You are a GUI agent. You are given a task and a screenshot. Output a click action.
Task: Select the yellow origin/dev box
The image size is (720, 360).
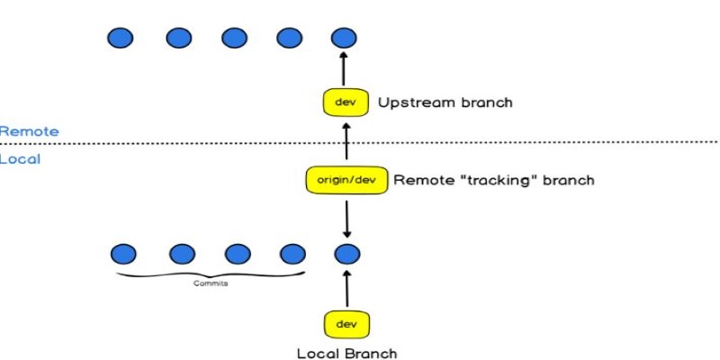click(x=346, y=180)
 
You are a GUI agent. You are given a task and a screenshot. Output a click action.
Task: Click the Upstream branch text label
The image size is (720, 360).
click(x=445, y=103)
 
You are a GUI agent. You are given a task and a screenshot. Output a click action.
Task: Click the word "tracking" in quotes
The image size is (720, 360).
click(x=493, y=180)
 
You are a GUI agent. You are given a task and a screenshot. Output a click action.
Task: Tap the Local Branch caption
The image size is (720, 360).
click(x=346, y=353)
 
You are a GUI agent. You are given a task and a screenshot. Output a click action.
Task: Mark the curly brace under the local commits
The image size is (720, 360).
click(x=208, y=274)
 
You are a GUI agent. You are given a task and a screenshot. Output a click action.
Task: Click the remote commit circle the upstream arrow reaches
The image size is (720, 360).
click(x=341, y=38)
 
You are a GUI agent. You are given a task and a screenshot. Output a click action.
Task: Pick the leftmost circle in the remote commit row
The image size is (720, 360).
click(x=121, y=38)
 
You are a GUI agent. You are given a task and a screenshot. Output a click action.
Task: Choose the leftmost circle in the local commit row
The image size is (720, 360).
click(x=123, y=253)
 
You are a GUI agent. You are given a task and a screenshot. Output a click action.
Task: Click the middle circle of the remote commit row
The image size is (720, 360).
click(x=233, y=38)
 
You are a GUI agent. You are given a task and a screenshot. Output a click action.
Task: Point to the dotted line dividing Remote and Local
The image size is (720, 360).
click(x=540, y=142)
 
